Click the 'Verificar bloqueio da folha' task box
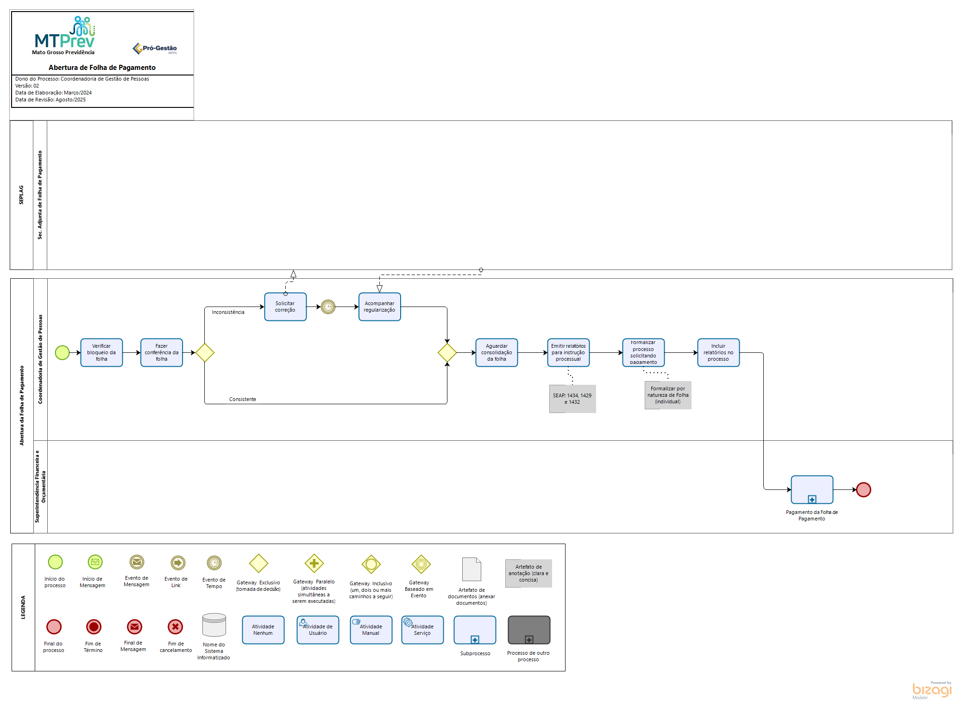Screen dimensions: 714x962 [x=101, y=352]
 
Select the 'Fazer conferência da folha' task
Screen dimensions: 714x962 [x=162, y=352]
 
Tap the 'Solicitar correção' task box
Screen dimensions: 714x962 [x=285, y=307]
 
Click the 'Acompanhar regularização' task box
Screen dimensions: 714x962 [x=379, y=307]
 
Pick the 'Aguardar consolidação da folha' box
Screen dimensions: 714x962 [x=497, y=352]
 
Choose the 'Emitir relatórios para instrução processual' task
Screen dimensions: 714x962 [x=568, y=352]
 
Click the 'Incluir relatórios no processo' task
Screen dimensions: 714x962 [x=718, y=352]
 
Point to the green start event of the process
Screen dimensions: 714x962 [x=62, y=352]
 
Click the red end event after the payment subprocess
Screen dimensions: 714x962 [x=863, y=489]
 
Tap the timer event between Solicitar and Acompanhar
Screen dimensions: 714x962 [x=328, y=307]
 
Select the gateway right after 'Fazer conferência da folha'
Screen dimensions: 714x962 [x=205, y=352]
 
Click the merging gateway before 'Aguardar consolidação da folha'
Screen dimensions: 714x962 [x=447, y=352]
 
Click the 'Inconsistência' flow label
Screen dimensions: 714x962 [x=228, y=312]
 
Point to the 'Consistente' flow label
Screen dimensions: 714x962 [x=242, y=399]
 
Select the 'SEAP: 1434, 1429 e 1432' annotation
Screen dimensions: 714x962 [x=572, y=399]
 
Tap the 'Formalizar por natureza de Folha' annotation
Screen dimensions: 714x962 [x=668, y=395]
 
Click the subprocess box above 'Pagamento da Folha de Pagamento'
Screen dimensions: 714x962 [x=812, y=489]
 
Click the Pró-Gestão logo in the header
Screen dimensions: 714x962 [x=155, y=48]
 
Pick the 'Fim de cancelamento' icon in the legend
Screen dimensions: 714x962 [x=176, y=627]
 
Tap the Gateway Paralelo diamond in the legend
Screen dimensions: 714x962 [x=314, y=564]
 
